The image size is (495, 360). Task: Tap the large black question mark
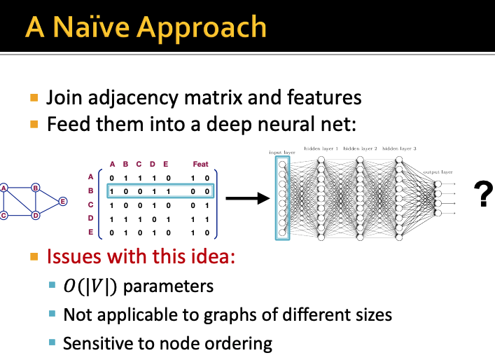click(482, 194)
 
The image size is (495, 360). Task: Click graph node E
click(62, 201)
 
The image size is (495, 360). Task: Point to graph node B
click(35, 187)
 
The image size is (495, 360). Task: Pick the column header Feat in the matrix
click(200, 165)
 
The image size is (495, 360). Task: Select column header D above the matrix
click(153, 165)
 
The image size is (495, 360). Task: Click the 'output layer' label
click(438, 172)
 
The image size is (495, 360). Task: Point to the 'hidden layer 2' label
click(361, 149)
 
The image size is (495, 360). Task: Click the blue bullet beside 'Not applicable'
click(52, 314)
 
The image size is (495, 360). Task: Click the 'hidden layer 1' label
click(321, 149)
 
